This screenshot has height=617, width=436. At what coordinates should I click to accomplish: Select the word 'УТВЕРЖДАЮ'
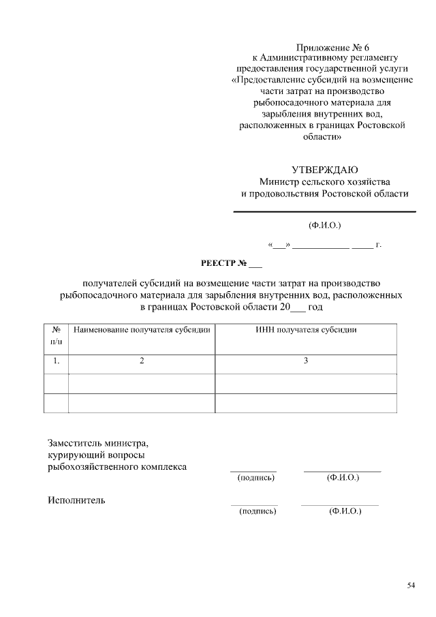point(324,170)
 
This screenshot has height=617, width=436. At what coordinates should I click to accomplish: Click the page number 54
point(411,585)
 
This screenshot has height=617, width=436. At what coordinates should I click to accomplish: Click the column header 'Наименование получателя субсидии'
point(142,330)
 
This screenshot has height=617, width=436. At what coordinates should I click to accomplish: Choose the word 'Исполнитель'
point(76,500)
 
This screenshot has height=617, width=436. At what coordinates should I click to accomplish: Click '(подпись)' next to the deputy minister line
point(255,478)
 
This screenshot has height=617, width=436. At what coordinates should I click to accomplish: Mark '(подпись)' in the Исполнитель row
point(257,511)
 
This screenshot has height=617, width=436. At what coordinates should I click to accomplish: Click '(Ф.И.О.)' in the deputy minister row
point(343,478)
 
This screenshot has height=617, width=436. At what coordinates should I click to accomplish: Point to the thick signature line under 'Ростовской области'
point(324,212)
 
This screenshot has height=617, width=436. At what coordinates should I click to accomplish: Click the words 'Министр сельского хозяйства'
point(324,181)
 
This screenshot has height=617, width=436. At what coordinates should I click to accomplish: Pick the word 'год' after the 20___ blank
point(315,307)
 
